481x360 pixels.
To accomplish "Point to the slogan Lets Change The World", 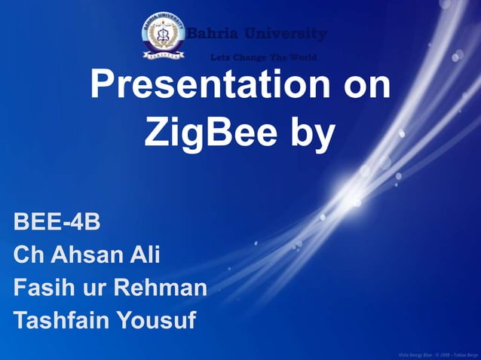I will click(263, 57).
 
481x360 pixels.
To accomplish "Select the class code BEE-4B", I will click(57, 223).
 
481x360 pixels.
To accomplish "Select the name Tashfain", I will click(62, 321).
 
